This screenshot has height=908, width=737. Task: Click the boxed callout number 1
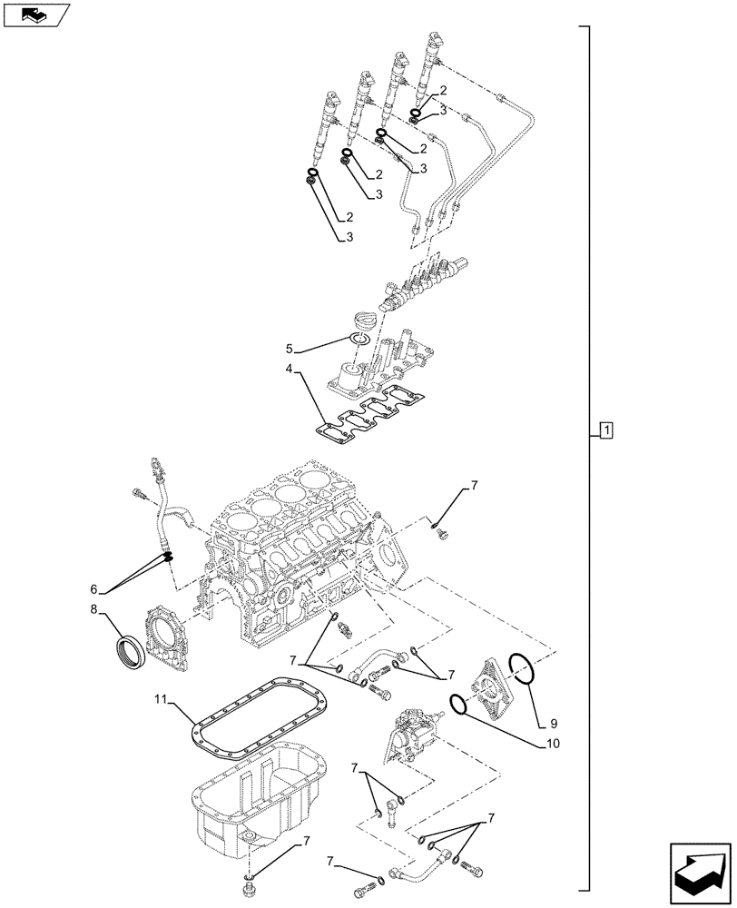pos(606,429)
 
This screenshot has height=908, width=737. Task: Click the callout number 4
pos(289,370)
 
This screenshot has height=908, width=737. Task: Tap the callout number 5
pos(290,348)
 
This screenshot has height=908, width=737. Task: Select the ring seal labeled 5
pos(359,339)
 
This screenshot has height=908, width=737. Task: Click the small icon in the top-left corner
pos(34,15)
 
